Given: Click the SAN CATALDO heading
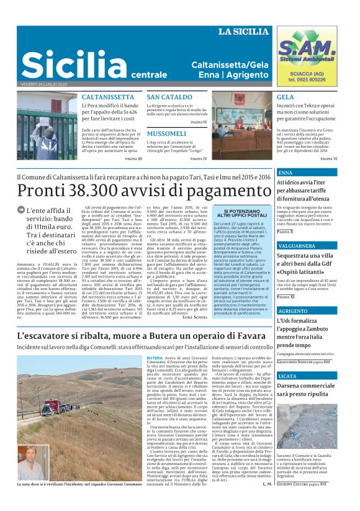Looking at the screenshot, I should [x=169, y=97].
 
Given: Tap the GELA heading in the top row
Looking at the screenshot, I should [x=286, y=97].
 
